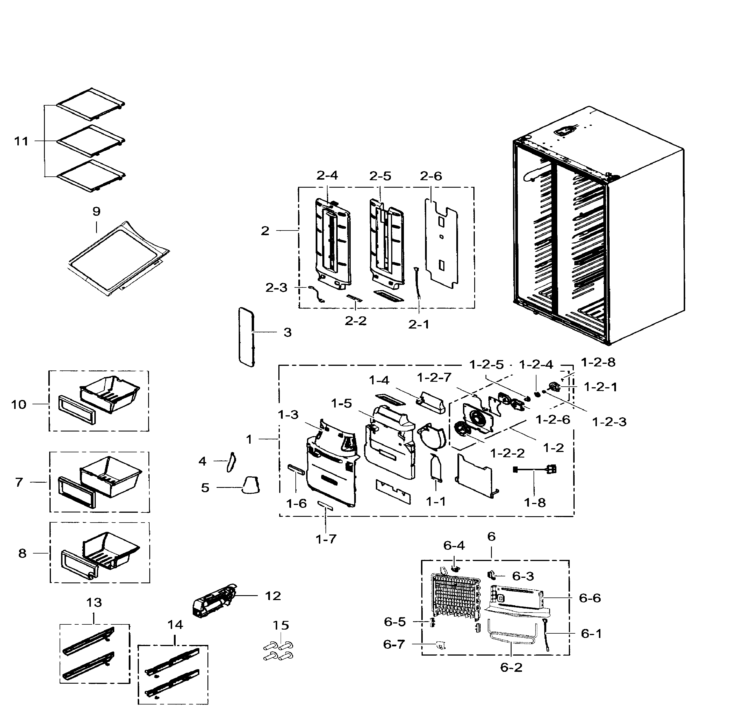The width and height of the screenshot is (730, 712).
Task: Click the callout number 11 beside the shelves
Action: (x=21, y=141)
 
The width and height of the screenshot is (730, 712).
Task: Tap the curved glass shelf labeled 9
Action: (x=119, y=258)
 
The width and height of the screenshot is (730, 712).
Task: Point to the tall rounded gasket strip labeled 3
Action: (x=246, y=337)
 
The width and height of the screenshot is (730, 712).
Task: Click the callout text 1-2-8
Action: (x=598, y=362)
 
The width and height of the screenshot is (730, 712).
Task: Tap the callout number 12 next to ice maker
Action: (x=273, y=596)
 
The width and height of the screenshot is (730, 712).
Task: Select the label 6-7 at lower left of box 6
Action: (x=394, y=644)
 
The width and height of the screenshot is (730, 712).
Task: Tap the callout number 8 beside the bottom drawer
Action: (x=23, y=554)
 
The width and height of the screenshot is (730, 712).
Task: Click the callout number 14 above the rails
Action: (x=175, y=625)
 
